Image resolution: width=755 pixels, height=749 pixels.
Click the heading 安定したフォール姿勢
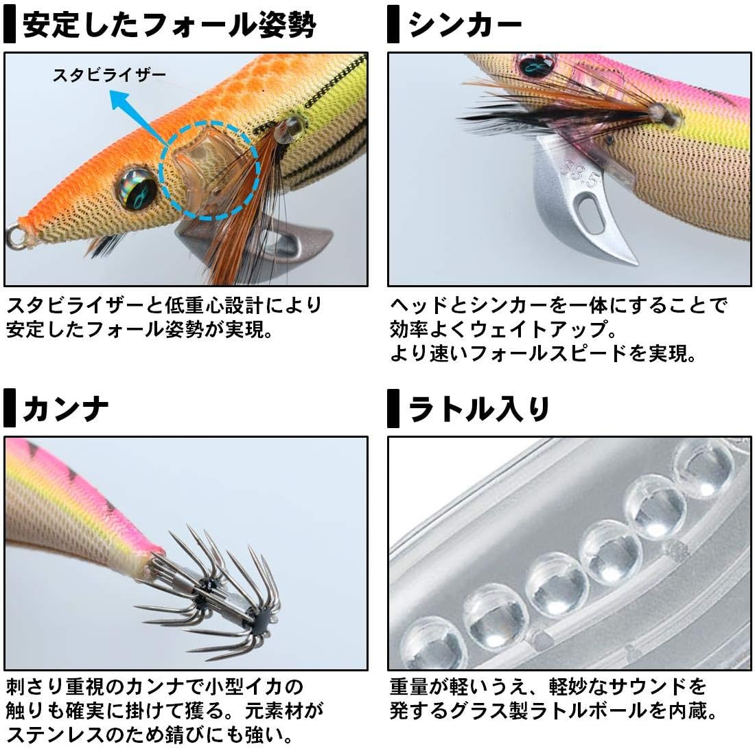[169, 25]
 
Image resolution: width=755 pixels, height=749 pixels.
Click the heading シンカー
[465, 25]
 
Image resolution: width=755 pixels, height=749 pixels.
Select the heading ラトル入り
[480, 408]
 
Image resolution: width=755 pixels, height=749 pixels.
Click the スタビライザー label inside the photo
[109, 74]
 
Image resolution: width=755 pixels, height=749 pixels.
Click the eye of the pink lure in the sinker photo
[532, 67]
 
